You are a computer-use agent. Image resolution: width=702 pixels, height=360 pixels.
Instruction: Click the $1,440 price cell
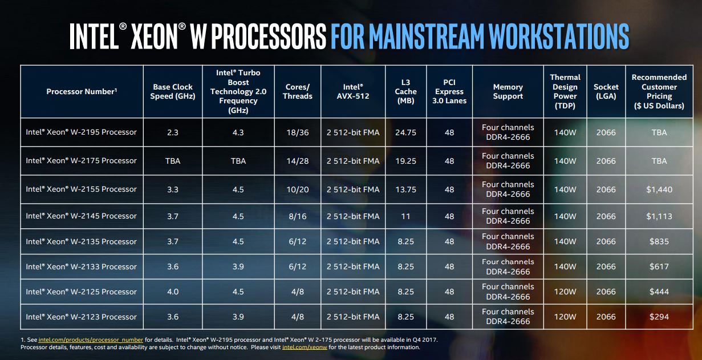coord(659,189)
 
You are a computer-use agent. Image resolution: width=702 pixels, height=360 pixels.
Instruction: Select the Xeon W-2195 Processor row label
coord(81,132)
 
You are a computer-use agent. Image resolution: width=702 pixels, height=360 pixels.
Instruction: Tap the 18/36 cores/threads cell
coord(297,132)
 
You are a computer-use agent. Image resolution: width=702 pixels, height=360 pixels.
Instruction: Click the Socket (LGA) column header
coord(606,91)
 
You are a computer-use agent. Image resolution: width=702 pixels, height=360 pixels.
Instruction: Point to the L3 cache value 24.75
coord(405,132)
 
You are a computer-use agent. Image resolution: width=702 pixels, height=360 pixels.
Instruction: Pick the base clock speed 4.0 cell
coord(172,292)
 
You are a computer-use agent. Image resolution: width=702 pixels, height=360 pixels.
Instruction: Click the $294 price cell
coord(659,317)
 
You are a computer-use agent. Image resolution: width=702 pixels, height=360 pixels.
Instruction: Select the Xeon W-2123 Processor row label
coord(81,317)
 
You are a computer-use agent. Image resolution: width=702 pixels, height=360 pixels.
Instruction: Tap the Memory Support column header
coord(508,91)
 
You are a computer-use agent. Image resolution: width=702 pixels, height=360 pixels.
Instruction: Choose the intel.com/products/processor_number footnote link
coord(91,339)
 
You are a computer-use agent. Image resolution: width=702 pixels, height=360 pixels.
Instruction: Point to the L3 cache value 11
coord(405,216)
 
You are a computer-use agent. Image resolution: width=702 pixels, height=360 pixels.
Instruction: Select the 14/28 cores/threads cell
coord(297,161)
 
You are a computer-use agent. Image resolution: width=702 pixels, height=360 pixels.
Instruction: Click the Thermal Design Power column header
coord(565,91)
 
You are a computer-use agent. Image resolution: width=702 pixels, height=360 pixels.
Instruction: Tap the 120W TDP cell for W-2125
coord(565,292)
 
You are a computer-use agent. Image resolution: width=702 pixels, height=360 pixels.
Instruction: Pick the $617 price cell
coord(659,266)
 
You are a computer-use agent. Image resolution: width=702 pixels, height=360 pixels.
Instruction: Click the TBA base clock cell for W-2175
coord(172,161)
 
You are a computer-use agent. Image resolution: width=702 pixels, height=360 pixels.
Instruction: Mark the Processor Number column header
coord(82,91)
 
